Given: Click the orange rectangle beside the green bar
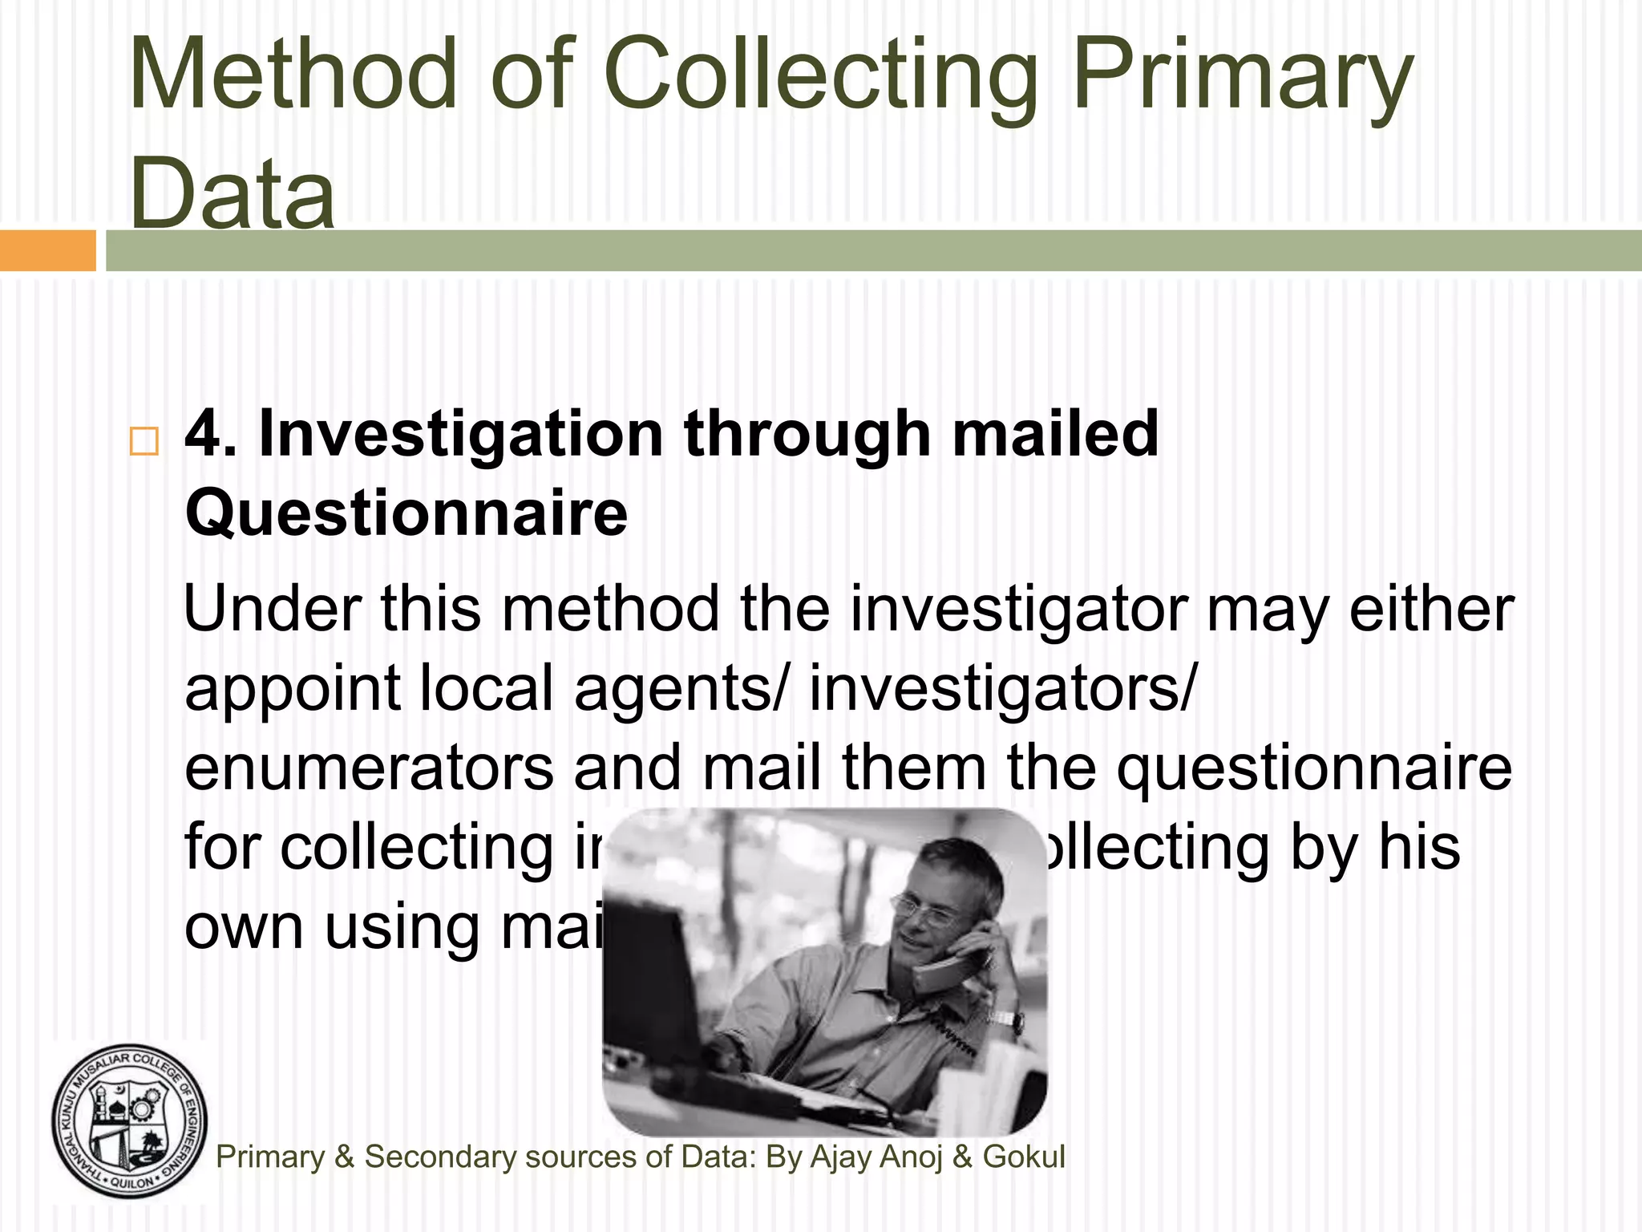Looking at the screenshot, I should [x=47, y=250].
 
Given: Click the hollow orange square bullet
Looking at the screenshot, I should [x=144, y=441].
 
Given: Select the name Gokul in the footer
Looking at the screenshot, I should [x=1024, y=1157].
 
